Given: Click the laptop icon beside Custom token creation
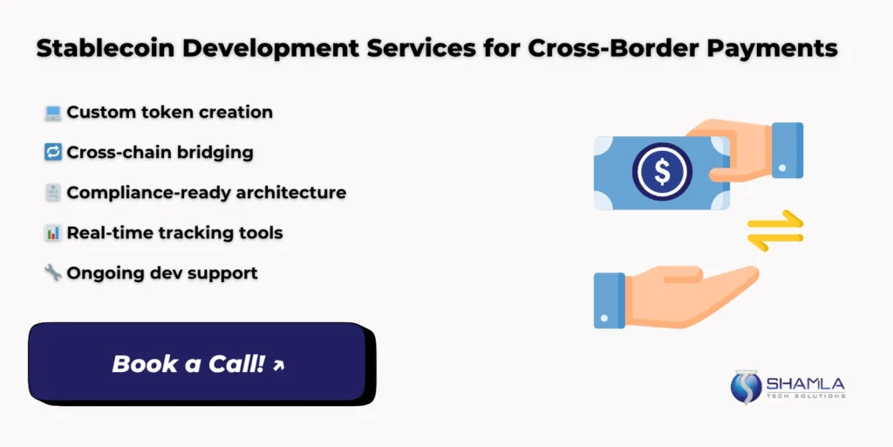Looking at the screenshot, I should [x=52, y=113].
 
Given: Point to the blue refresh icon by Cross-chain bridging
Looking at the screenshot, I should [x=52, y=153].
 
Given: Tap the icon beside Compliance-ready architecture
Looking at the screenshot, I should [x=52, y=193].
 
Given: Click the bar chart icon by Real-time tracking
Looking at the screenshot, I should [x=52, y=233].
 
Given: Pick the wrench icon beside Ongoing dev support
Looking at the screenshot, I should [x=52, y=273].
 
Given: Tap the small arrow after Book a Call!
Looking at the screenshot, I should [x=279, y=365].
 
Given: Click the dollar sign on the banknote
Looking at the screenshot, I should [x=662, y=172].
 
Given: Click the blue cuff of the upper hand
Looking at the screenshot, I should [x=787, y=150].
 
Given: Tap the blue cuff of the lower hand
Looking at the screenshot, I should [x=610, y=299].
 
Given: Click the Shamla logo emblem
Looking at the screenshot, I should [x=746, y=388].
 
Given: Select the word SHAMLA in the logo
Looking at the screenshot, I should [x=806, y=382].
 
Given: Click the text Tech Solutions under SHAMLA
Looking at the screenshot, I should [x=806, y=395].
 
